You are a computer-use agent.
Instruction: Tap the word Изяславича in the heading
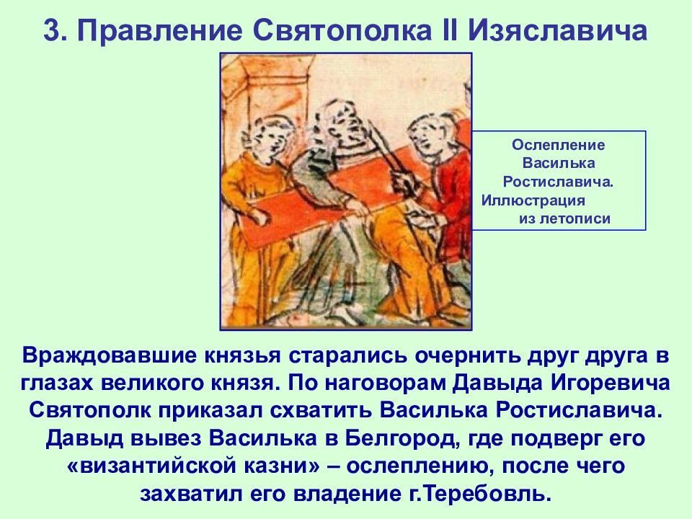point(557,30)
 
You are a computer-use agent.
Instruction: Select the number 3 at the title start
point(51,30)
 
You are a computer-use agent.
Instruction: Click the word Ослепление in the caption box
point(558,145)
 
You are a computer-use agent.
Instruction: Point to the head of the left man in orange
point(268,137)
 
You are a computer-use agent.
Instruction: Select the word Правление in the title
point(159,30)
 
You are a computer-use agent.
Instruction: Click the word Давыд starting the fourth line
point(80,438)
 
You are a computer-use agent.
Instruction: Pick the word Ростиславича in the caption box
point(558,182)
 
